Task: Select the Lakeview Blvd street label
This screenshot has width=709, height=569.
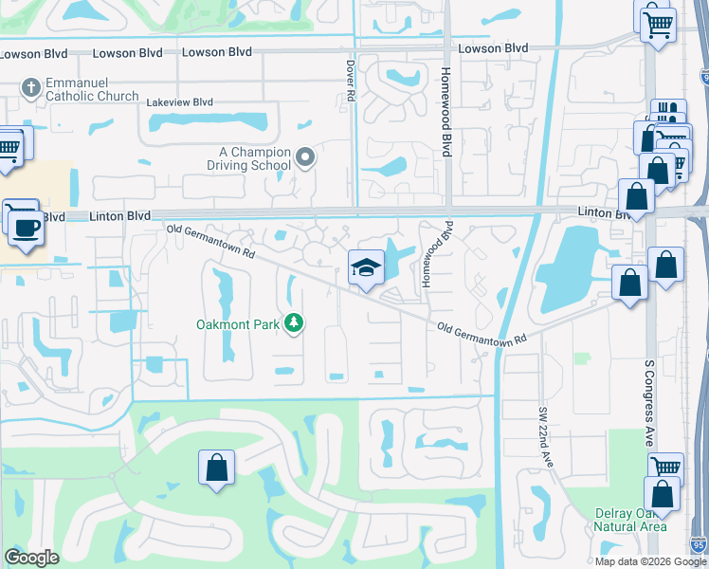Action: coord(178,101)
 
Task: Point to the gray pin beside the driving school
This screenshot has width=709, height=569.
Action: coord(304,158)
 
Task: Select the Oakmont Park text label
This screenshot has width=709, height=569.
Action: coord(237,324)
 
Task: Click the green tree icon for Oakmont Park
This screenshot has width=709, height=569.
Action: coord(294,324)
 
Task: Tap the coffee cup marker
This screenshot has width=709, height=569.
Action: coord(25,228)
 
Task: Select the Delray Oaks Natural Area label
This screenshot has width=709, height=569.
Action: coord(630,520)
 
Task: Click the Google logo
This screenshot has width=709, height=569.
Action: coord(31,558)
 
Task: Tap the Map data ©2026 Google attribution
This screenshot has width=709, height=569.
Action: coord(650,561)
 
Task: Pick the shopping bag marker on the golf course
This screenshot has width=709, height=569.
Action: coord(216,468)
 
